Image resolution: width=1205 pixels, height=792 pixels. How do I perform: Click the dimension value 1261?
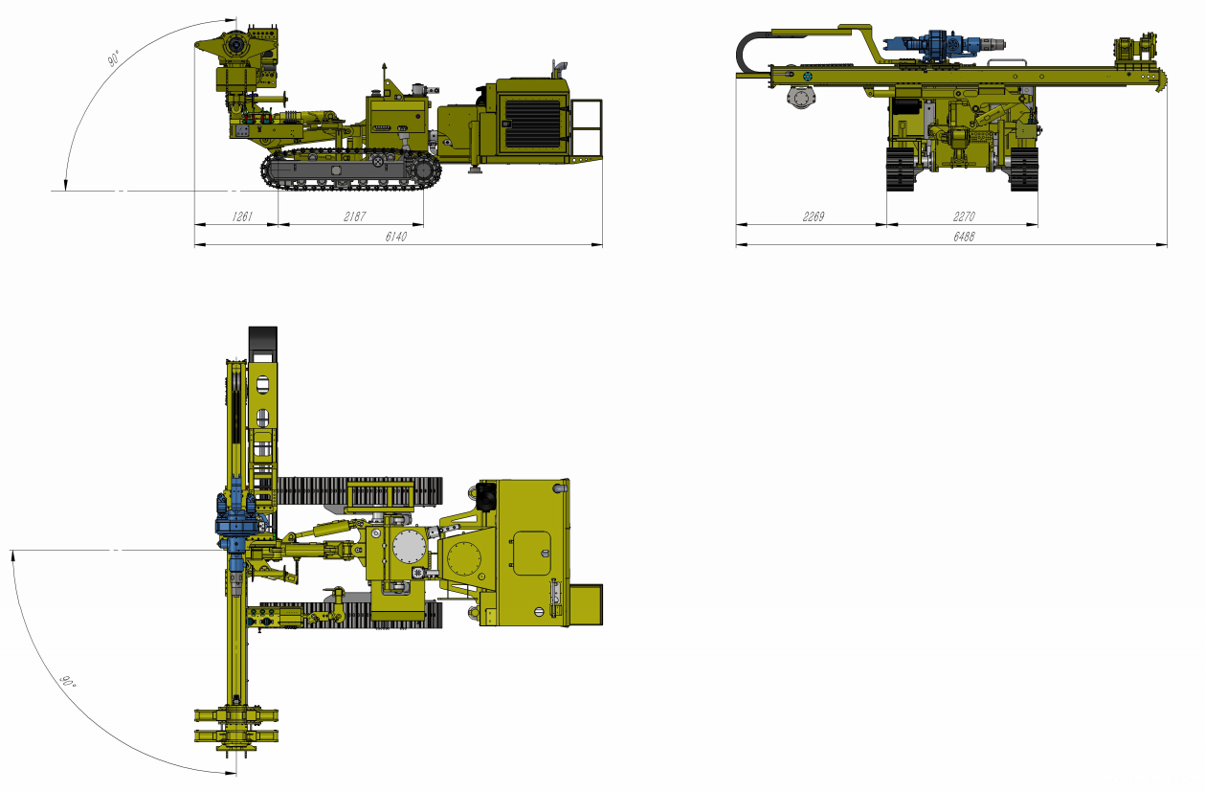241,216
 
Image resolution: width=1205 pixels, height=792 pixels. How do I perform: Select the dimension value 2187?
354,216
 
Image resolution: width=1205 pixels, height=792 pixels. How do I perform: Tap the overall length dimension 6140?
396,237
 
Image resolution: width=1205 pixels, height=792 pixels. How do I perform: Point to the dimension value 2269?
813,216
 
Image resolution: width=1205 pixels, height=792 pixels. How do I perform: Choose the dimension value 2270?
964,216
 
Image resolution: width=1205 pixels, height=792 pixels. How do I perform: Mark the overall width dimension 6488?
964,237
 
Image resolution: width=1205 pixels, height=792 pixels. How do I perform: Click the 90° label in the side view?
114,58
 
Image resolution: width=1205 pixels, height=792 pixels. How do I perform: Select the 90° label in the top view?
67,682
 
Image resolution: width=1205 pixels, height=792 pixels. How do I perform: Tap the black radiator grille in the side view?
532,124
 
